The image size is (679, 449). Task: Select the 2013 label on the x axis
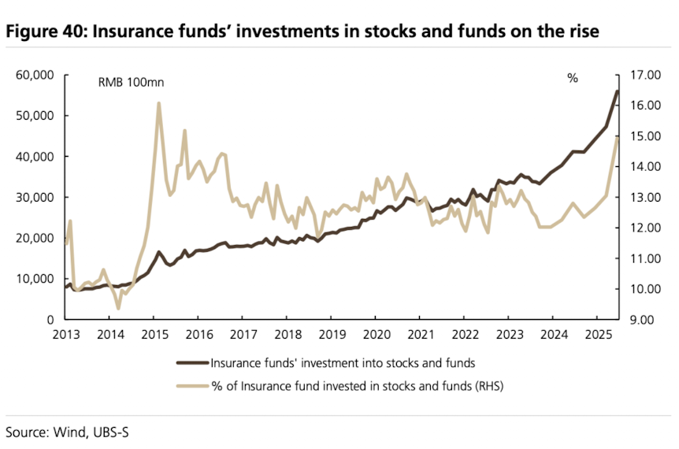click(65, 335)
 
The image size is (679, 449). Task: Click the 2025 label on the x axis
click(599, 335)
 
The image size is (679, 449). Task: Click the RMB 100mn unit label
click(130, 82)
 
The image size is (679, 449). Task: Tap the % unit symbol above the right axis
click(573, 78)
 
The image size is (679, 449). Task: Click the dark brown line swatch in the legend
click(191, 363)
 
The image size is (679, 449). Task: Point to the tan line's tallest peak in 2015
click(158, 103)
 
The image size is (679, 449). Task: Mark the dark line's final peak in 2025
click(617, 91)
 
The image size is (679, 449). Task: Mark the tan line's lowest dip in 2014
click(118, 308)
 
